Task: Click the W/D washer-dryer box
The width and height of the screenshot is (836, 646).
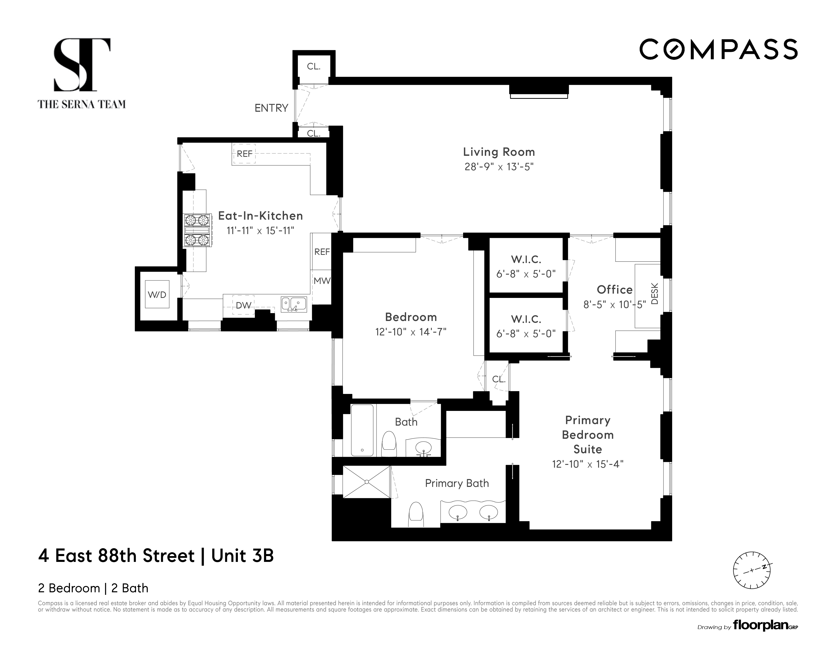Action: coord(157,294)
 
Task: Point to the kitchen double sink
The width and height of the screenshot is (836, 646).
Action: coord(294,304)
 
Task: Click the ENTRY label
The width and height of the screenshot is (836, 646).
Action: coord(271,108)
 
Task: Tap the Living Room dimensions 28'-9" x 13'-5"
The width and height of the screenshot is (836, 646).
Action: coord(499,167)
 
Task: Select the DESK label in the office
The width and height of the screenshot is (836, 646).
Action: coord(655,294)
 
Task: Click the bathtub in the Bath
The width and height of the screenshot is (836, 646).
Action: coord(362,430)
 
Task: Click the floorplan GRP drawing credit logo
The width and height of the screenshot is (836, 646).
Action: coord(765,626)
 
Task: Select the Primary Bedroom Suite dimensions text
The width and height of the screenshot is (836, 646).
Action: coord(587,464)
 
